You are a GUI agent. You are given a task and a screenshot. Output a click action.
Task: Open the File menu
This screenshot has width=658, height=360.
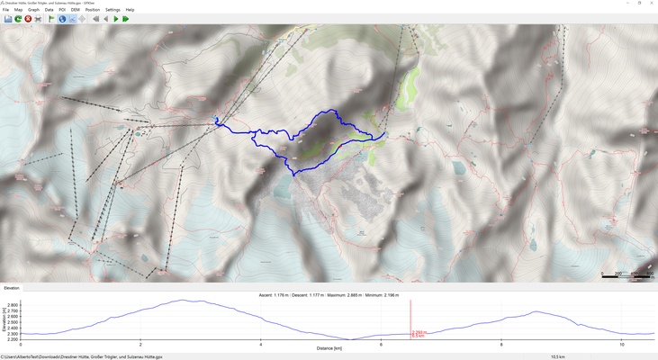(x=5, y=10)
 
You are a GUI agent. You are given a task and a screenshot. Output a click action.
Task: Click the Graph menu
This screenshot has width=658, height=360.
(x=33, y=10)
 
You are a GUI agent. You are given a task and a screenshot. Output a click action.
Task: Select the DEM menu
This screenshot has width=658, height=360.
(x=75, y=10)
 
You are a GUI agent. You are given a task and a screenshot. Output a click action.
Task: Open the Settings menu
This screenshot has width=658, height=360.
(x=113, y=10)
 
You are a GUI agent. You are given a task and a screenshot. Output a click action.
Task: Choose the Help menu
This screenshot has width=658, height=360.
(x=130, y=10)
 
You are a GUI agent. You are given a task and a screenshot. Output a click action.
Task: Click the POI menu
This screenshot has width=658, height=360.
(x=62, y=10)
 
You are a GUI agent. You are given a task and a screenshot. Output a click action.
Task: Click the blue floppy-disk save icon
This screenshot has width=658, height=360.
(x=8, y=19)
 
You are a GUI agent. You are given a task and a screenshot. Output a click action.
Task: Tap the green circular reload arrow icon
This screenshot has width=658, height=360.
(x=18, y=19)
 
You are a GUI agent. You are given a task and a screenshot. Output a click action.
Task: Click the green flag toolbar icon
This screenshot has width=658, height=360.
(x=51, y=19)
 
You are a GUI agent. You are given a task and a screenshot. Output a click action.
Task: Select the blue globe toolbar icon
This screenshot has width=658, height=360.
(x=62, y=19)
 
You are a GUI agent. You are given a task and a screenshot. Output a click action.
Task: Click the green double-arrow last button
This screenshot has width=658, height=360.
(x=126, y=19)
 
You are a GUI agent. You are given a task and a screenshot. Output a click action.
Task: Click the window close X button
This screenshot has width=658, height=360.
(x=646, y=4)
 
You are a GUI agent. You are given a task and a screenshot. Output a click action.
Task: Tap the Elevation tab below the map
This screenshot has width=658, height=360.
(x=12, y=288)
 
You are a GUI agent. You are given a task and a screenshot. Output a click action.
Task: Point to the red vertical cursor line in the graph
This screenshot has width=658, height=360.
(x=410, y=319)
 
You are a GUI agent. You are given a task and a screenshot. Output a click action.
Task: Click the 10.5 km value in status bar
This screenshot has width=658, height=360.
(x=557, y=356)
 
